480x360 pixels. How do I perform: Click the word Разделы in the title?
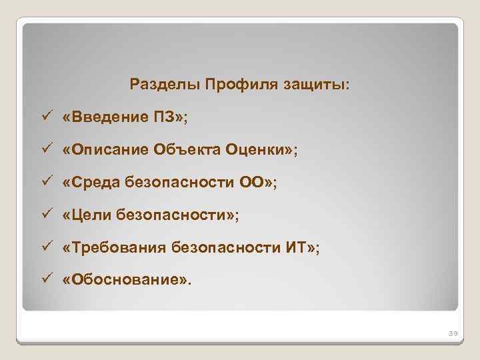click(165, 85)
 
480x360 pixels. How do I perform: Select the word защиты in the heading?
click(316, 86)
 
